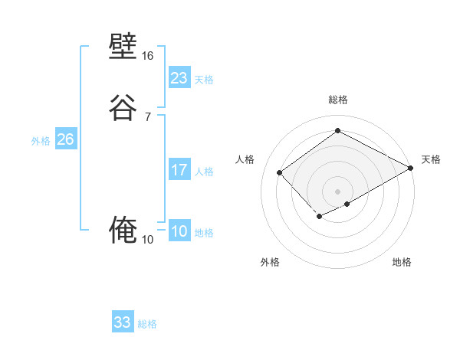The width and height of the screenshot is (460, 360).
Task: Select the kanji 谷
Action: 123,106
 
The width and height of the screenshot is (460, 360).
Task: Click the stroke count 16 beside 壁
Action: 148,56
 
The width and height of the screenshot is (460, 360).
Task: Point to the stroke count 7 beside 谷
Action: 148,116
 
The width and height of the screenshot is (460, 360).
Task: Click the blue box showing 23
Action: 179,78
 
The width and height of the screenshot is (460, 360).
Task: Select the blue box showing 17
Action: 179,170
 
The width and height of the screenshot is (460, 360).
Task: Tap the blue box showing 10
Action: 179,231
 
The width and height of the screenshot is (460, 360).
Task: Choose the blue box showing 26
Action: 65,139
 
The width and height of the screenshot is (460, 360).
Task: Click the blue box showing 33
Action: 123,322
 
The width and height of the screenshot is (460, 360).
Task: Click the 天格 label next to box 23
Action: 204,80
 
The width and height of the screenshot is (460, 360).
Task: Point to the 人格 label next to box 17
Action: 204,172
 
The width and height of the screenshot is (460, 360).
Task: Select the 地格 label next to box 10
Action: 204,233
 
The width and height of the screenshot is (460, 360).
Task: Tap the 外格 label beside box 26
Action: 41,141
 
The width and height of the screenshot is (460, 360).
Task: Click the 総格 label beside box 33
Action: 147,324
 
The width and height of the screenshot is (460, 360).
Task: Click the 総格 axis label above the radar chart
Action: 337,100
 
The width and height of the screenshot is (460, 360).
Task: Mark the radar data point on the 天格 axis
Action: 412,169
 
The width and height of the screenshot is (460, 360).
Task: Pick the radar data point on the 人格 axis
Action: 280,173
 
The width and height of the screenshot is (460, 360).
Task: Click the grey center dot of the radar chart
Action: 337,191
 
